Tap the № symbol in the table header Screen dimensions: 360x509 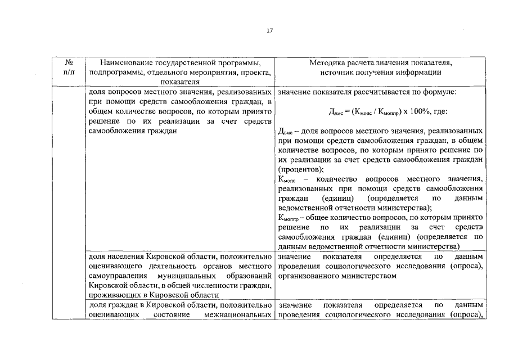tap(68, 62)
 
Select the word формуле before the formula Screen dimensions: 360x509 tap(439, 92)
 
